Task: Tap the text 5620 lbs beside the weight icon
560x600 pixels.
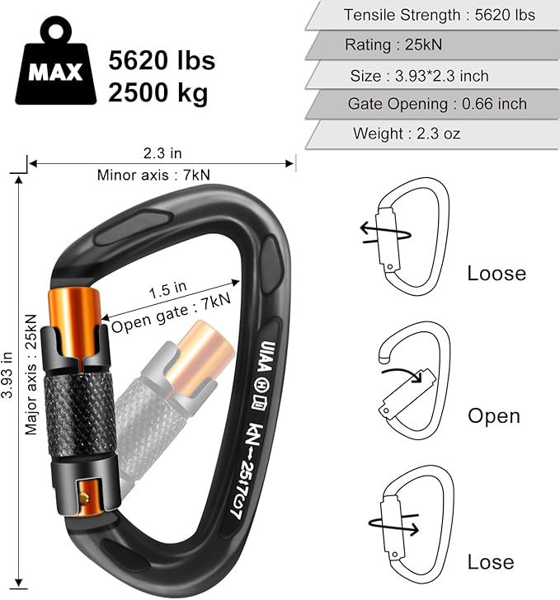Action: pos(162,60)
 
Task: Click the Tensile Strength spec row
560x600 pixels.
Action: pos(439,15)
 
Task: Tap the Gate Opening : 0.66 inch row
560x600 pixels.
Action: pos(436,104)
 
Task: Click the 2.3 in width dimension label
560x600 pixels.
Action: pos(161,152)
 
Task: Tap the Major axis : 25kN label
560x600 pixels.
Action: pos(31,373)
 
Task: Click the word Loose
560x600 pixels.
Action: pos(496,274)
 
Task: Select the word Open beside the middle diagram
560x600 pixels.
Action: pos(494,416)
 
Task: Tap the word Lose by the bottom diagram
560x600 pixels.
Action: pos(491,562)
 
